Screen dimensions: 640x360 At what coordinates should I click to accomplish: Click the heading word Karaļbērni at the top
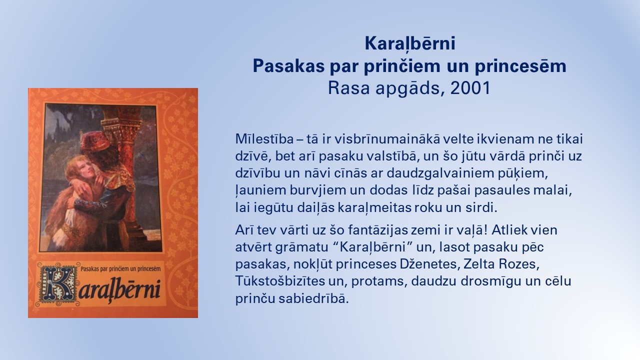(410, 44)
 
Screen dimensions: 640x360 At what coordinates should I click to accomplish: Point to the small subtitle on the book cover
(120, 269)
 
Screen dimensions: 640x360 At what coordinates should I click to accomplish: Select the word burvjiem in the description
(318, 190)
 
